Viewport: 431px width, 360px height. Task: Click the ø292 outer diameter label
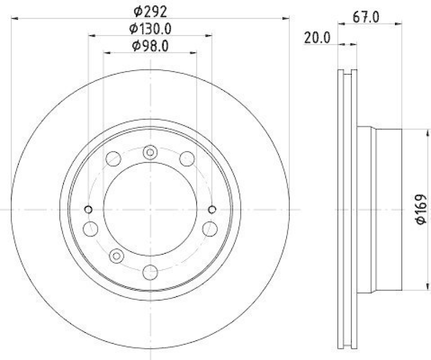150,10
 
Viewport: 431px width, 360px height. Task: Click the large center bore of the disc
150,209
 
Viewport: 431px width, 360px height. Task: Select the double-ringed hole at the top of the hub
150,153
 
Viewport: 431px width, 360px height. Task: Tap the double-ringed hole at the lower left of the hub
116,255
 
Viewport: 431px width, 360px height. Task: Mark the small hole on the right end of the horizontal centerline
212,209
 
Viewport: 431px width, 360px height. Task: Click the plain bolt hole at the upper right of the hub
187,158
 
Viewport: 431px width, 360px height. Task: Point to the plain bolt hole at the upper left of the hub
114,158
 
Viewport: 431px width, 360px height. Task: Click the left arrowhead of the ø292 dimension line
15,19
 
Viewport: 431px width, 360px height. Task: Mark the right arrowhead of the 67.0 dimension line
400,23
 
